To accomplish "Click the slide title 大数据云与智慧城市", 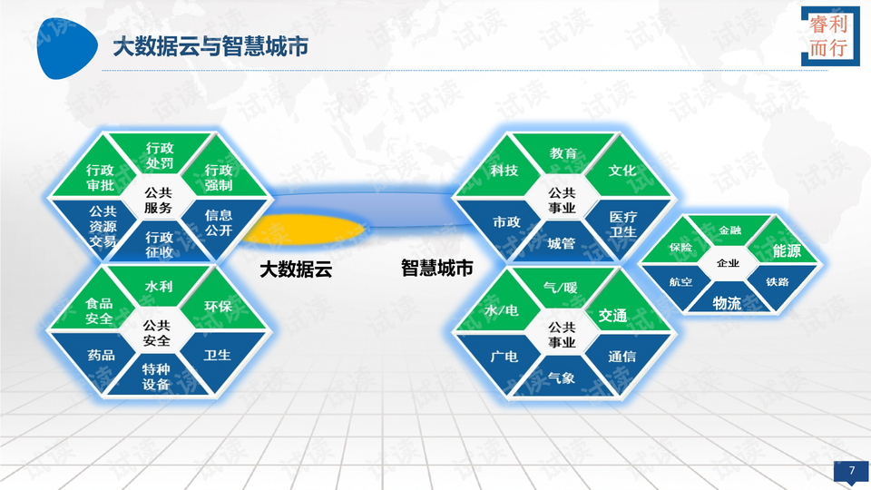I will pyautogui.click(x=210, y=46).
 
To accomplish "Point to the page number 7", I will pyautogui.click(x=851, y=470).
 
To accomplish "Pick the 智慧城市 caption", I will pyautogui.click(x=437, y=269).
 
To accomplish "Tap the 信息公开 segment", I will pyautogui.click(x=218, y=222).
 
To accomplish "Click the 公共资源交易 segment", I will pyautogui.click(x=103, y=226).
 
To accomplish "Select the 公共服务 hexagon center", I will pyautogui.click(x=158, y=199).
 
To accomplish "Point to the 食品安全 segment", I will pyautogui.click(x=99, y=311).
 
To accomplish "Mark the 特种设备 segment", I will pyautogui.click(x=156, y=377).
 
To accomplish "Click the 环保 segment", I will pyautogui.click(x=218, y=307).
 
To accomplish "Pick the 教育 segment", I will pyautogui.click(x=563, y=153).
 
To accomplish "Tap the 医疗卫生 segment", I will pyautogui.click(x=621, y=223).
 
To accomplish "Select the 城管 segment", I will pyautogui.click(x=561, y=242).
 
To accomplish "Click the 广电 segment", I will pyautogui.click(x=504, y=357).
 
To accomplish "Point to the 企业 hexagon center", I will pyautogui.click(x=728, y=263).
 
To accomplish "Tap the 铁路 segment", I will pyautogui.click(x=777, y=282).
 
